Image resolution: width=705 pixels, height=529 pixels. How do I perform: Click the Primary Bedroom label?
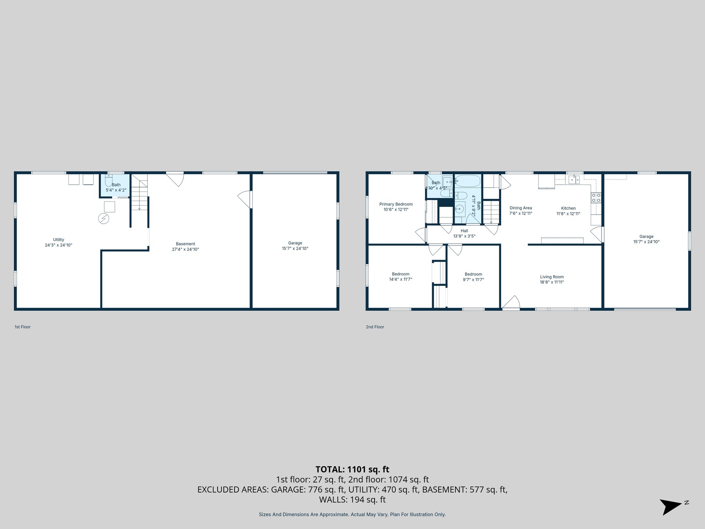[396, 204]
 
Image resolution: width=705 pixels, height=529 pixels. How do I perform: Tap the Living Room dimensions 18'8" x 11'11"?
[552, 282]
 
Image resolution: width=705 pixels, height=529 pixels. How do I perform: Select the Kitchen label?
[568, 208]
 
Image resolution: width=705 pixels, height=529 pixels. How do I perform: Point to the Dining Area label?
[520, 208]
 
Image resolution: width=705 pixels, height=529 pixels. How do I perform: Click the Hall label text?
[464, 231]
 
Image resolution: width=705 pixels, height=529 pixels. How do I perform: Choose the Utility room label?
[59, 240]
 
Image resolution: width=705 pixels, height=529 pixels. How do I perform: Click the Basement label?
[186, 244]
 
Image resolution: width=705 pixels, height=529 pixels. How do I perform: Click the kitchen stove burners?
[596, 198]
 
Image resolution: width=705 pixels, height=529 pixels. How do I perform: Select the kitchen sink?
[574, 179]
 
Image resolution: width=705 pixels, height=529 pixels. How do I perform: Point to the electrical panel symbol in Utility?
[104, 218]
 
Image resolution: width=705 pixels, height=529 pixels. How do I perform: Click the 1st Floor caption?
[22, 327]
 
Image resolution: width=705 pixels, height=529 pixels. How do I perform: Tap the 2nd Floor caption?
[375, 327]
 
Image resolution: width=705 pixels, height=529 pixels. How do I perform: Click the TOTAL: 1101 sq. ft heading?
[352, 469]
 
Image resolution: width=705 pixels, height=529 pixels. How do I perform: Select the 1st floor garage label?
[295, 243]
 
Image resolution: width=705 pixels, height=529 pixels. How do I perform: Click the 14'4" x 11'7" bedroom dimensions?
[400, 279]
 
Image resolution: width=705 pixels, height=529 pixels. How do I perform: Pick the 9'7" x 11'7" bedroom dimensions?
[473, 279]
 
